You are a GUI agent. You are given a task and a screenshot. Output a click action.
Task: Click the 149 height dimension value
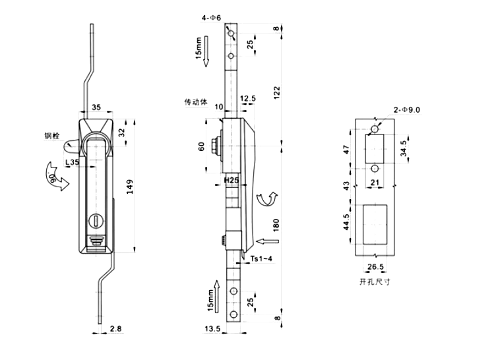click(x=130, y=187)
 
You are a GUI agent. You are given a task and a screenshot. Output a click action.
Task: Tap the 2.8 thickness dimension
click(x=115, y=328)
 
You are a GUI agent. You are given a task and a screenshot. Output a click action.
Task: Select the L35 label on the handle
click(x=72, y=162)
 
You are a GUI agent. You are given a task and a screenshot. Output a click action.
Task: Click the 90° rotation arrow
click(x=57, y=177)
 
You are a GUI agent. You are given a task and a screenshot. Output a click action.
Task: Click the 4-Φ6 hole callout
click(x=211, y=18)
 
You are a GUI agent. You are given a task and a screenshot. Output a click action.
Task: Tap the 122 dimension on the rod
click(x=276, y=93)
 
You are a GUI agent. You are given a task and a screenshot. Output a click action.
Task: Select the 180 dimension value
click(x=276, y=225)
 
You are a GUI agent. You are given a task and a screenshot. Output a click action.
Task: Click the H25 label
click(x=231, y=180)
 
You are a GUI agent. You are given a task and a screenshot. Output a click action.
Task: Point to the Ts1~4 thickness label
click(x=261, y=258)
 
